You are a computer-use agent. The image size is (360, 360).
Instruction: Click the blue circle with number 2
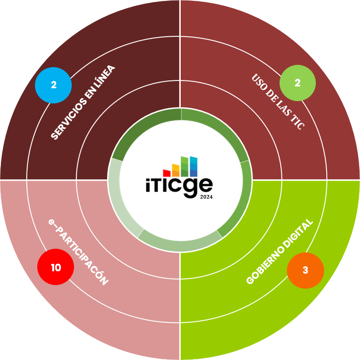[53, 85]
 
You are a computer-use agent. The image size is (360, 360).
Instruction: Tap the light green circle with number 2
[297, 83]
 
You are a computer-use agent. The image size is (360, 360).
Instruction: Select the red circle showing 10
[56, 267]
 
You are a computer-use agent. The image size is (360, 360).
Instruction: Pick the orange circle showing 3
[305, 270]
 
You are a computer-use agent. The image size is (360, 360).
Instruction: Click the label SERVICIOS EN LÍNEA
[83, 103]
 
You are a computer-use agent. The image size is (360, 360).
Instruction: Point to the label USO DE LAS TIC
[278, 102]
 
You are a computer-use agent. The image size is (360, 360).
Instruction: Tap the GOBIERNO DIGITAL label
[280, 251]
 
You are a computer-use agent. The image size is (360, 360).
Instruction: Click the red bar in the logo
[167, 173]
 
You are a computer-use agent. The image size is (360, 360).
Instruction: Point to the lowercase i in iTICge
[149, 185]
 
